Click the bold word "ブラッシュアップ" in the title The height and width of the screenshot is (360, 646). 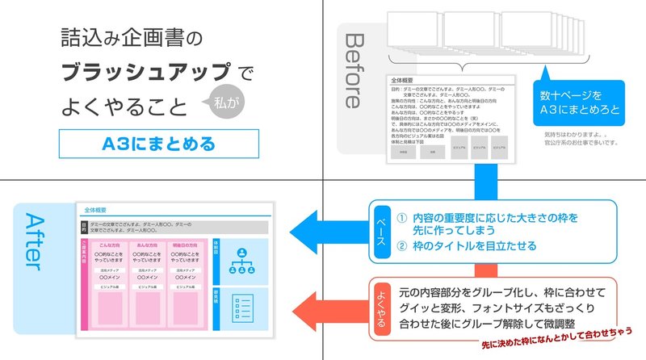pyautogui.click(x=149, y=71)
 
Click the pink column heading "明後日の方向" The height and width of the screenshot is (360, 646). pyautogui.click(x=184, y=245)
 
